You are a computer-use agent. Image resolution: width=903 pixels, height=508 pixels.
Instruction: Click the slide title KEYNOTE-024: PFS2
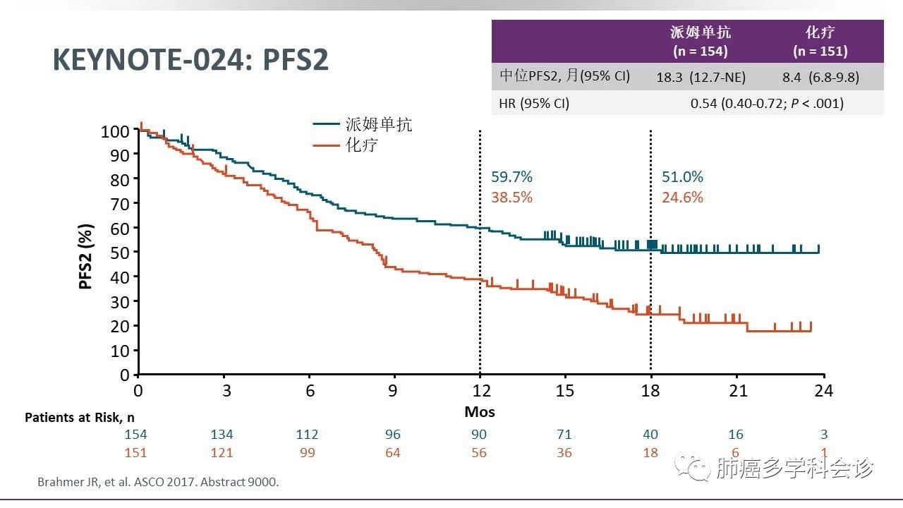190,61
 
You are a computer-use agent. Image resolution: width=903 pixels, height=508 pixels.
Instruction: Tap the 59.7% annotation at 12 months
511,177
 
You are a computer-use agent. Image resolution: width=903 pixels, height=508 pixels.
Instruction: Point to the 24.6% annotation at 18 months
682,198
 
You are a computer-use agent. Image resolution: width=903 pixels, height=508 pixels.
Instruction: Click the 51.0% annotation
682,177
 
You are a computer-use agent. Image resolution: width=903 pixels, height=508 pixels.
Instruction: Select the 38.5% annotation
511,198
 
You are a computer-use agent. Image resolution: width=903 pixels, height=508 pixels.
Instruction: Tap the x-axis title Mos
480,411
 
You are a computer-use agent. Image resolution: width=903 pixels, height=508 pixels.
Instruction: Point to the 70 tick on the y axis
120,204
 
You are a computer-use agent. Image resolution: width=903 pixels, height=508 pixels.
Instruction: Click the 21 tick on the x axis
737,390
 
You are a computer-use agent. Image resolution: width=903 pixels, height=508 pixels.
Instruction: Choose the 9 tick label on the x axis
394,390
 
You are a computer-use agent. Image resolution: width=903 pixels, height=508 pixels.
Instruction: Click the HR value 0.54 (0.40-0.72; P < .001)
766,104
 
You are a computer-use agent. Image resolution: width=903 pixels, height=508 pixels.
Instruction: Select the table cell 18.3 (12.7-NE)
701,77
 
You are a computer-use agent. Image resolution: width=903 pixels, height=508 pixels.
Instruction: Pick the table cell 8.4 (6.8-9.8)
820,77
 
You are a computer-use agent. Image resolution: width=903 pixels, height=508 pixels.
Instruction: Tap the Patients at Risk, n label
80,417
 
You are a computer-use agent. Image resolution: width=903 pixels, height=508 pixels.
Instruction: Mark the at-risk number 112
307,435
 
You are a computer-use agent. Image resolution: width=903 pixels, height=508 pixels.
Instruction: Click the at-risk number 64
393,452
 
